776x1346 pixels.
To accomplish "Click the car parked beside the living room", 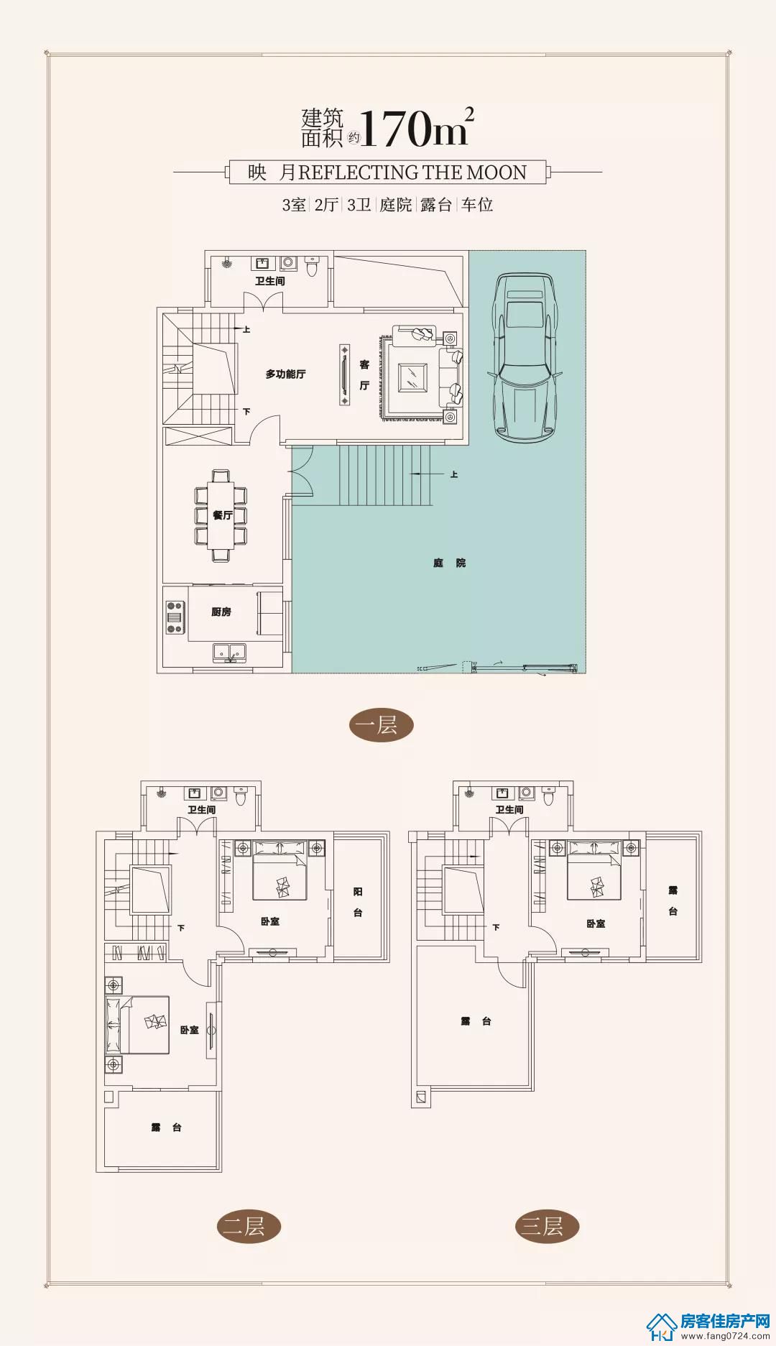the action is [525, 356].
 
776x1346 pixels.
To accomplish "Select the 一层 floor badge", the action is [381, 725].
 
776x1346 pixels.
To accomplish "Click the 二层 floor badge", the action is [248, 1226].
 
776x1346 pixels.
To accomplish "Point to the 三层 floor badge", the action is [547, 1226].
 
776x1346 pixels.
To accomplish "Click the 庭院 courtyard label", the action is [450, 563].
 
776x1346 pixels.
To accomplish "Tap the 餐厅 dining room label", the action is [222, 515].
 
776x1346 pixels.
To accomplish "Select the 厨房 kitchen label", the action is [221, 612].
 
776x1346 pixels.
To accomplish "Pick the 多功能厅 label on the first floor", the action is [285, 374].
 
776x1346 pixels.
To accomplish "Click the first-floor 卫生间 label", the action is [270, 281].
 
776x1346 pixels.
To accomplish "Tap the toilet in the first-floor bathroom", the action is [312, 266].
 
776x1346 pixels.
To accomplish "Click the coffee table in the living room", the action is [412, 377].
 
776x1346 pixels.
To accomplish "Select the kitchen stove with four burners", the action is [175, 617].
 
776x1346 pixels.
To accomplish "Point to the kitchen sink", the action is [229, 653].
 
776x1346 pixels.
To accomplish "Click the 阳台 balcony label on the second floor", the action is [358, 902].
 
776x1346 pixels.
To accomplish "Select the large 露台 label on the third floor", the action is [476, 1021].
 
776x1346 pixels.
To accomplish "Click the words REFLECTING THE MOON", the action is [412, 172].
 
